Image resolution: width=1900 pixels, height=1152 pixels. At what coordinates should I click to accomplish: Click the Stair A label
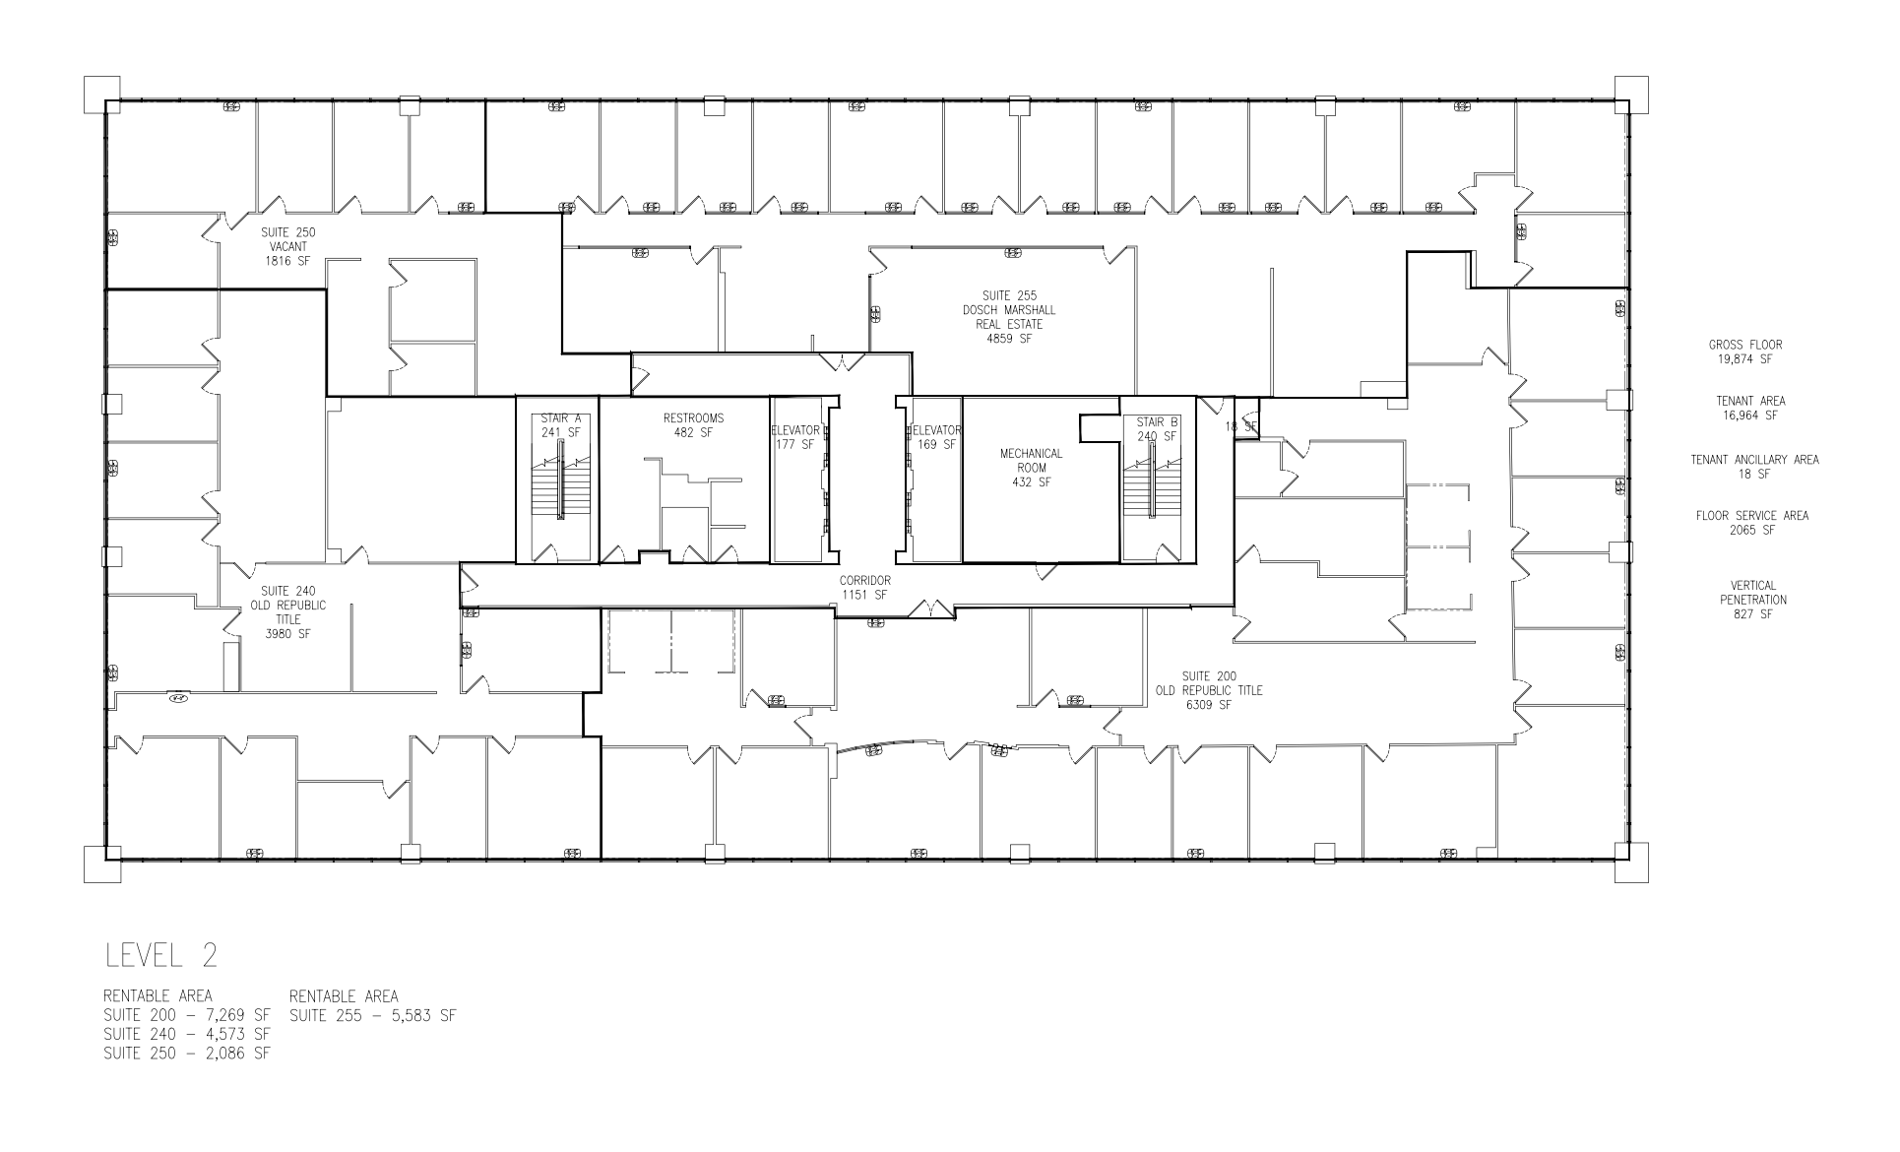[560, 424]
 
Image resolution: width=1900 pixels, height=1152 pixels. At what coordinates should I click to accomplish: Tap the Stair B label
[1157, 429]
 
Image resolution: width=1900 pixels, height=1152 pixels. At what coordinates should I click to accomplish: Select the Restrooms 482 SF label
[693, 425]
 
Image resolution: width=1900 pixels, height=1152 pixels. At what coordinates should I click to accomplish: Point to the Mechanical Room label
[1031, 468]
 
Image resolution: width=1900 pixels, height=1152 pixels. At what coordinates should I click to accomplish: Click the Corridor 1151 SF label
[864, 588]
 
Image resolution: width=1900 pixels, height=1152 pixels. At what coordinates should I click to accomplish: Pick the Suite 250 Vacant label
[288, 247]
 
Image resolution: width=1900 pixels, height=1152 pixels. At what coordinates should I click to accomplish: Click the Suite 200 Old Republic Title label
[1208, 690]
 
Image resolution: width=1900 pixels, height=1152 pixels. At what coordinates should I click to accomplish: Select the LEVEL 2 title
[160, 955]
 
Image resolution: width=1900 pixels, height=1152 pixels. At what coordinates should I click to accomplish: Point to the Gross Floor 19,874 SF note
[1745, 352]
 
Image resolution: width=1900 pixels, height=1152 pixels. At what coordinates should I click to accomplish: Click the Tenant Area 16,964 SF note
[1750, 409]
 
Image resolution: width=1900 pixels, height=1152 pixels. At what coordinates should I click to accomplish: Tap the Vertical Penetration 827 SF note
[1752, 600]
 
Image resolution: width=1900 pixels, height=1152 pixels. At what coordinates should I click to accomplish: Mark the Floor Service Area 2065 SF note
[1751, 523]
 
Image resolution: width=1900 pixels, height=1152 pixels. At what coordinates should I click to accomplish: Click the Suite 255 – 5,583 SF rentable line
[373, 1015]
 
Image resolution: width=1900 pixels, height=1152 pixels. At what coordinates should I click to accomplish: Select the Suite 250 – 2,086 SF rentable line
[186, 1054]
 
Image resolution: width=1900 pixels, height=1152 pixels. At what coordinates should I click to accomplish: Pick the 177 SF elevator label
[795, 437]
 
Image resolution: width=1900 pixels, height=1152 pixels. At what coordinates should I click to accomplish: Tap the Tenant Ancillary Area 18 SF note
[1754, 467]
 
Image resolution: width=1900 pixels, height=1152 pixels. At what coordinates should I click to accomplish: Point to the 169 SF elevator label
[935, 437]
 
